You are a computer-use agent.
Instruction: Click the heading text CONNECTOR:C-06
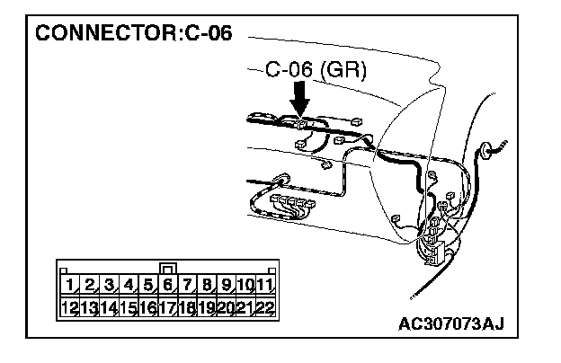133,35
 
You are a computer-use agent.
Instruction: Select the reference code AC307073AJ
462,324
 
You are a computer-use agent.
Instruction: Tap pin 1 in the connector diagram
69,286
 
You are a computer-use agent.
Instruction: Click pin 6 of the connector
167,286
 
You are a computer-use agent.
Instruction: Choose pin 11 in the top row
264,286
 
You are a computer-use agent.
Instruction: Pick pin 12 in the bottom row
69,306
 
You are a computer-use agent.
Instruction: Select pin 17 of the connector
167,306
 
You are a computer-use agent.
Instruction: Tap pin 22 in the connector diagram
264,306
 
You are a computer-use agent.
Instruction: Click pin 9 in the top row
226,286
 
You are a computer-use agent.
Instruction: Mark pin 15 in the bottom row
128,306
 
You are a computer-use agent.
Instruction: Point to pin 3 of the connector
109,286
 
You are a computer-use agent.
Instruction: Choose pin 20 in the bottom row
226,306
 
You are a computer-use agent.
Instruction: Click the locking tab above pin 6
167,269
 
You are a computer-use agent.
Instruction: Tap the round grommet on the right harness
491,146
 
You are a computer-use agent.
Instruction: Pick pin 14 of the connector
109,306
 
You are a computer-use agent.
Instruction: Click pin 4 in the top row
128,286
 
